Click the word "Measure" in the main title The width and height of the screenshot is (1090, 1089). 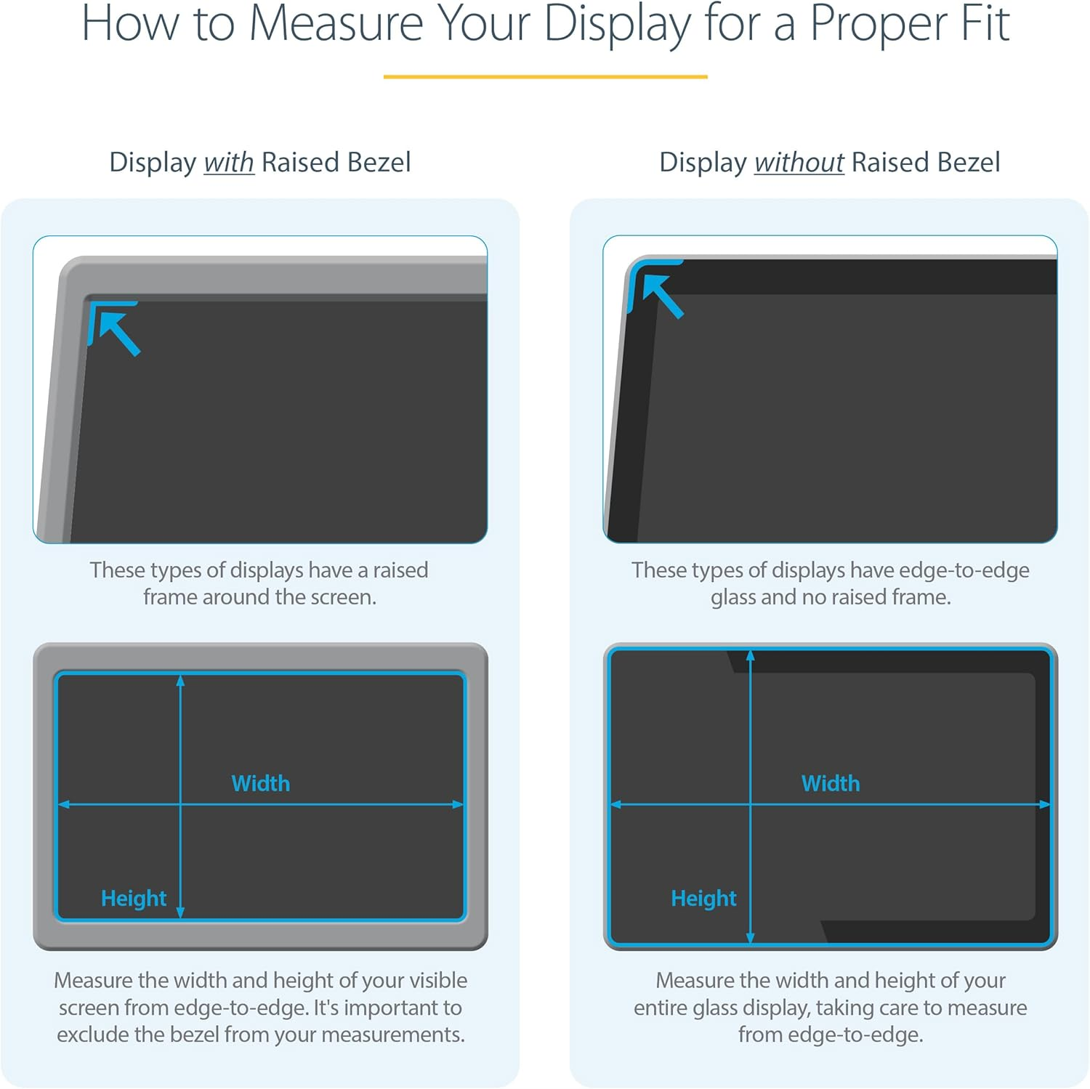click(336, 23)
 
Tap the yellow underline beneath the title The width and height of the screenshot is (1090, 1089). click(545, 76)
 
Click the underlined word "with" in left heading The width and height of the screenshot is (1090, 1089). click(228, 162)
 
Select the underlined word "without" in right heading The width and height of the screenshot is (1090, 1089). click(799, 162)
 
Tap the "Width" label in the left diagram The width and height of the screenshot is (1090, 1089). click(260, 783)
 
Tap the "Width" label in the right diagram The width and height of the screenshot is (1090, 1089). click(830, 783)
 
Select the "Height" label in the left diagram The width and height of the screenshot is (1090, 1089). click(134, 899)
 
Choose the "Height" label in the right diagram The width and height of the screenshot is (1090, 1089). click(703, 899)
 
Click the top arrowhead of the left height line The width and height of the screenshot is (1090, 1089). click(180, 681)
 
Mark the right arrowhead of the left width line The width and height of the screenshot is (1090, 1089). click(458, 804)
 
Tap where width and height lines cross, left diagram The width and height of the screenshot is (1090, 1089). click(180, 804)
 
